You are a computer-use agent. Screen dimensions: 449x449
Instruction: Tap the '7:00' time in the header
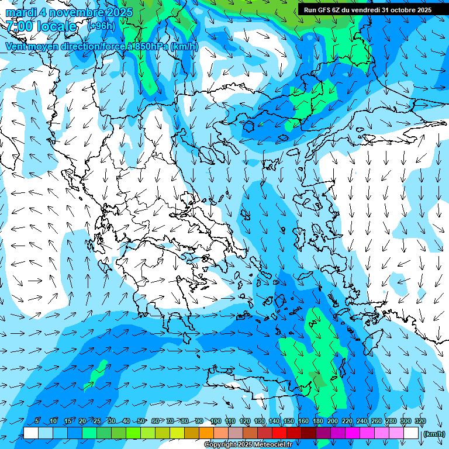coord(19,26)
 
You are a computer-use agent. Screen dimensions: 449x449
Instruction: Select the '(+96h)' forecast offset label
coord(101,26)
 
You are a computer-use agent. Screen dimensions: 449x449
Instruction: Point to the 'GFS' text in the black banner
coord(325,10)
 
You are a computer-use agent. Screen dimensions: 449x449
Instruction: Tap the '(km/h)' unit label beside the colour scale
coord(433,433)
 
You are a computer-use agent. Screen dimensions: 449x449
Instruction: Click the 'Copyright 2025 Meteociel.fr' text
coord(257,445)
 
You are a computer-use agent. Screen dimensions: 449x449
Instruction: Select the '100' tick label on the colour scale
coord(215,421)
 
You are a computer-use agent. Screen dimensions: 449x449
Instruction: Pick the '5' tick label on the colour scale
coord(37,421)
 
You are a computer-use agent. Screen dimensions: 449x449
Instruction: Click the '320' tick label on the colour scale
coord(420,421)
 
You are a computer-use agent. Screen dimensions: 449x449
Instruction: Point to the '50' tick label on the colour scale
coord(141,421)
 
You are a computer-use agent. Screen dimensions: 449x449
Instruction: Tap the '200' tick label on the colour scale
coord(333,421)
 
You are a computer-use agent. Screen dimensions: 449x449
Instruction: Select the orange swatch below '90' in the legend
coord(206,433)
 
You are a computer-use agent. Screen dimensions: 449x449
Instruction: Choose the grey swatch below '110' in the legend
coord(236,433)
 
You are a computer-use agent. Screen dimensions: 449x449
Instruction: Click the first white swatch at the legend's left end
coord(31,433)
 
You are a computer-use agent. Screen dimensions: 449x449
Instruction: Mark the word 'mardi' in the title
coord(22,12)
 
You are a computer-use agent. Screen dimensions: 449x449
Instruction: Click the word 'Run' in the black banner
coord(310,10)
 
